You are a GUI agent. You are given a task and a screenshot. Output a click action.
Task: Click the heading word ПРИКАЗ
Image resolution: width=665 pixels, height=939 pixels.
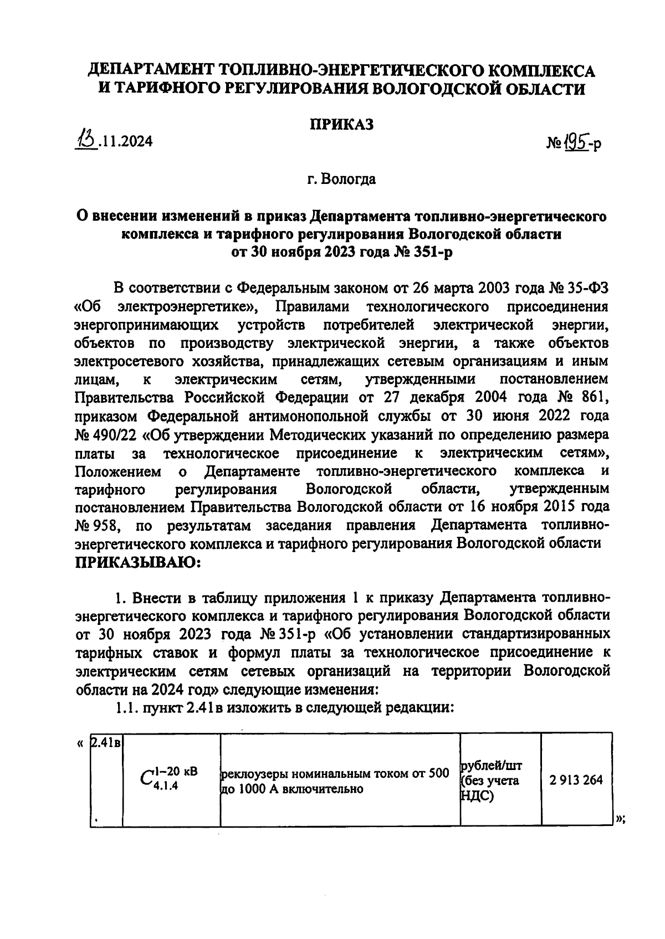[x=341, y=125]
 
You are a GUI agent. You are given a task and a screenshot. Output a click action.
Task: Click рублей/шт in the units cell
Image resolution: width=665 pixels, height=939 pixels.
[x=491, y=766]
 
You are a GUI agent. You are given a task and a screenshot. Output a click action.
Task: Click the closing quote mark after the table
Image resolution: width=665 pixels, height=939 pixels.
[x=620, y=819]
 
